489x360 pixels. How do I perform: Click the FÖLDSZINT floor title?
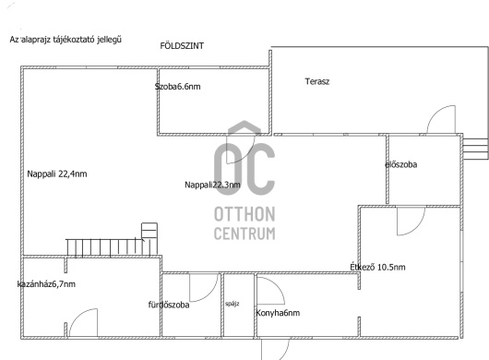(182, 46)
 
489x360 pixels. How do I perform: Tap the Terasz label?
(317, 82)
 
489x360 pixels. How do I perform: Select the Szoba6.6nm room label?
(177, 87)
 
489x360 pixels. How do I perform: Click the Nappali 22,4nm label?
(57, 174)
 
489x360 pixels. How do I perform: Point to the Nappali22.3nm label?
(213, 185)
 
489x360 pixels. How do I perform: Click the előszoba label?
(401, 164)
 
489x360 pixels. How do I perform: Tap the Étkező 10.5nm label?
(377, 267)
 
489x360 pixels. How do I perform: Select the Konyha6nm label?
(278, 313)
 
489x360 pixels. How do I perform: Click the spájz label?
(233, 304)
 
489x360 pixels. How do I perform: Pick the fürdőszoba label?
(169, 305)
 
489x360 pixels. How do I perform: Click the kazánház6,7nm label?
(46, 284)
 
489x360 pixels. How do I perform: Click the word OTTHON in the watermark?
(244, 214)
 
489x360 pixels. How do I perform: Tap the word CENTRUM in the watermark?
(244, 234)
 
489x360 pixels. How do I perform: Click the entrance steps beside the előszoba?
(475, 149)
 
